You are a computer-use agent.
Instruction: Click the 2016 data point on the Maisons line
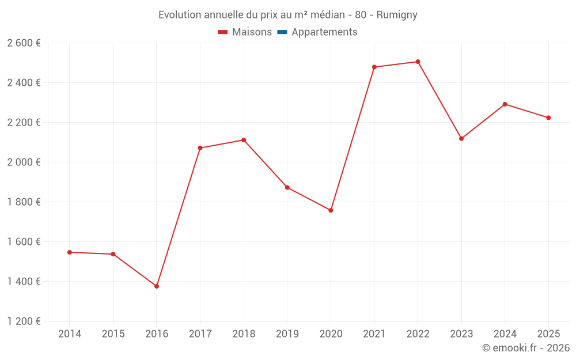point(157,286)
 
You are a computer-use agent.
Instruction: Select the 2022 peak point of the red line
point(418,62)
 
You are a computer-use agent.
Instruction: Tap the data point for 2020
point(331,210)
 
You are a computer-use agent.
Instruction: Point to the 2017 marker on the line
point(200,148)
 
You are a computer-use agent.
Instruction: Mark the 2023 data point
point(461,138)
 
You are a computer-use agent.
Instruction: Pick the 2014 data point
point(70,252)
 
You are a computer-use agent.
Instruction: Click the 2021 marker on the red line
point(374,67)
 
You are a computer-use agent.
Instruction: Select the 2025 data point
point(548,118)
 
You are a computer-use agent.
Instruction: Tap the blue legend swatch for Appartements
point(282,32)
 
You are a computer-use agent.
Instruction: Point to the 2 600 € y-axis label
point(24,43)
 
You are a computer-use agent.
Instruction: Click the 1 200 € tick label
point(24,321)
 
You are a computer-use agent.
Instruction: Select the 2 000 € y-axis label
point(24,162)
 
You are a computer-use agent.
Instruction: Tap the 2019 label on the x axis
point(287,334)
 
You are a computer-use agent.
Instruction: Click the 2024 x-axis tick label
point(505,334)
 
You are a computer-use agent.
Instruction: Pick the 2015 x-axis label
point(113,334)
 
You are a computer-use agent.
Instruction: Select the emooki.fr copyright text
point(526,348)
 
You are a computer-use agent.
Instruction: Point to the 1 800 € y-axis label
point(24,202)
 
